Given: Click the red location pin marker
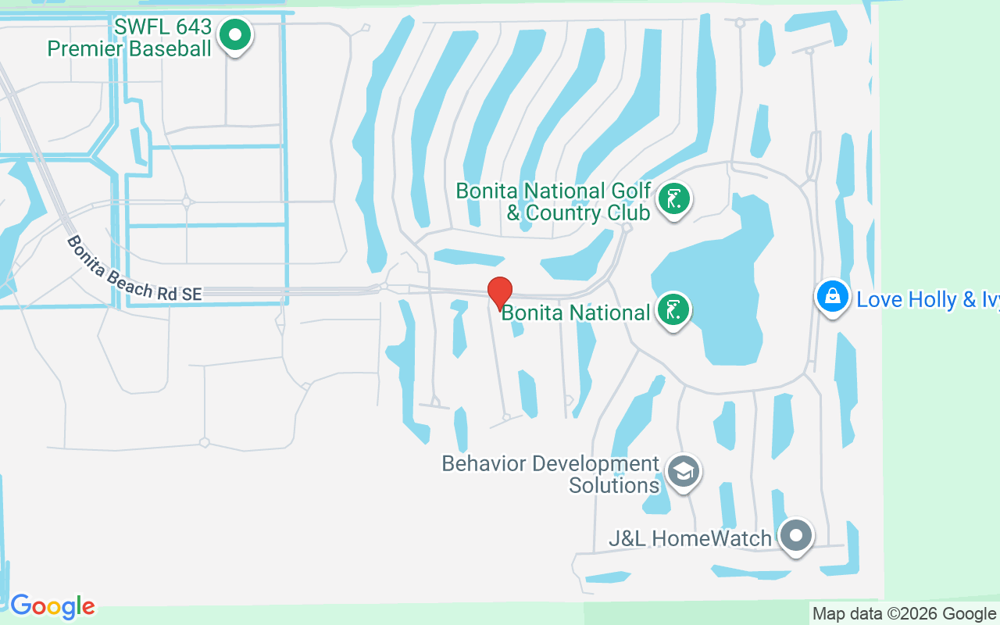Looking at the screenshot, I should point(500,292).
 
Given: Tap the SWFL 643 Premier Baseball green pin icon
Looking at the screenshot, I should point(234,34).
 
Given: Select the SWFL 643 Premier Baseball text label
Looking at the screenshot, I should point(130,37).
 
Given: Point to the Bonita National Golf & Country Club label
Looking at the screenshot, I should point(553,202).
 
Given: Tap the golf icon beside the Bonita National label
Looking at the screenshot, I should point(673,310).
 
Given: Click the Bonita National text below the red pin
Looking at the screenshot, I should point(576,313).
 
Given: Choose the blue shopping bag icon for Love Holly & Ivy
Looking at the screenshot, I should point(833,297).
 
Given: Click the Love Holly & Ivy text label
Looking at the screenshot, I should point(927,299).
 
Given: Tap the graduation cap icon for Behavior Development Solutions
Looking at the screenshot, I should point(684,471).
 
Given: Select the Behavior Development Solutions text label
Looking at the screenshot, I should point(551,474).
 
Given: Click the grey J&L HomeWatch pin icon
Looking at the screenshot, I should point(796,536).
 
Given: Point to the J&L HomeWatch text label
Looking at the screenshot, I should point(690,538).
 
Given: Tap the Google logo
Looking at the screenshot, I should point(52,606).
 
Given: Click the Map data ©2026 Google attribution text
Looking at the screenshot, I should point(904,614).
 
